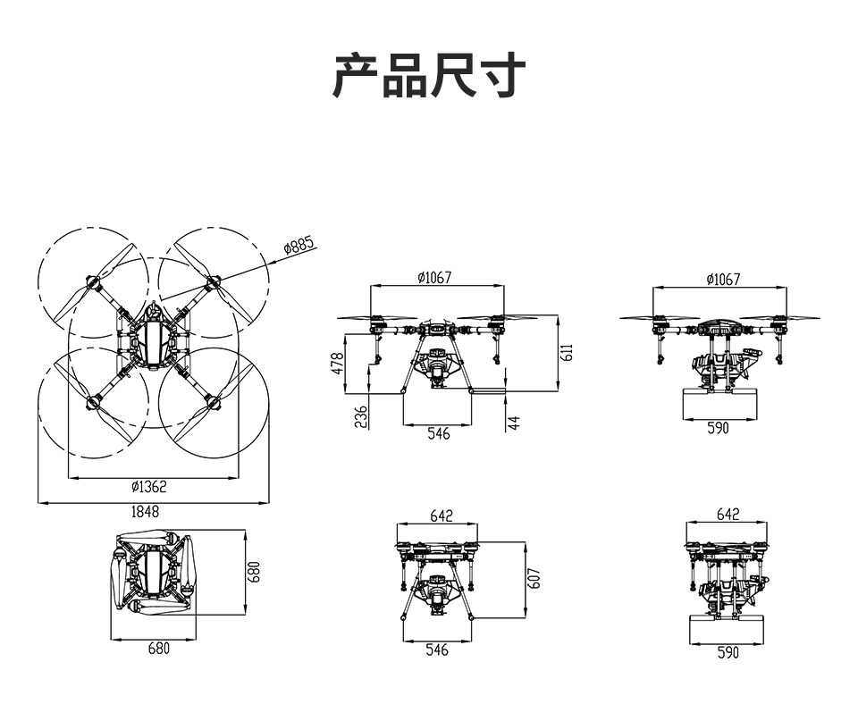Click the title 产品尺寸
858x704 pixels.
coord(429,75)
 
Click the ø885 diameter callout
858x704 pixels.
coord(300,245)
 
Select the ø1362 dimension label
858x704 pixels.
coord(149,486)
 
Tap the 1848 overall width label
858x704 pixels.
coord(145,511)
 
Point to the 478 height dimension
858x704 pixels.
coord(337,364)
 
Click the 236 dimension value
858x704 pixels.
coord(361,417)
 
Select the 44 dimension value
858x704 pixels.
coord(514,423)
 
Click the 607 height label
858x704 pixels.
coord(534,579)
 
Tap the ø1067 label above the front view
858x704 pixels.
coord(435,278)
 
